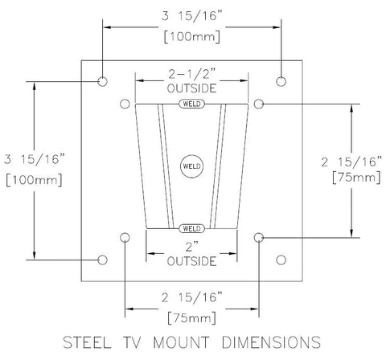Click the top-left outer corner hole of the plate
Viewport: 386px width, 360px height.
click(x=103, y=82)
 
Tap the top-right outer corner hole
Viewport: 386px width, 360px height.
click(x=281, y=81)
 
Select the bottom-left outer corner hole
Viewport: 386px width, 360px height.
click(x=103, y=260)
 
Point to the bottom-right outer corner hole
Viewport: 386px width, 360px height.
click(x=281, y=260)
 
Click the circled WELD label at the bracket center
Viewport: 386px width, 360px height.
click(x=191, y=164)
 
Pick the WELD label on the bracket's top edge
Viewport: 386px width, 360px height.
click(x=191, y=104)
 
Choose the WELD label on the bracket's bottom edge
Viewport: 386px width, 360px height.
click(x=191, y=227)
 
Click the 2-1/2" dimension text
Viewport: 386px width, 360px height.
click(x=191, y=74)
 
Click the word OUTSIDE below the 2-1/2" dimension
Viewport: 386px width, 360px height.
click(x=191, y=88)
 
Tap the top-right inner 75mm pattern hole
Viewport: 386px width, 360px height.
click(x=259, y=104)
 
